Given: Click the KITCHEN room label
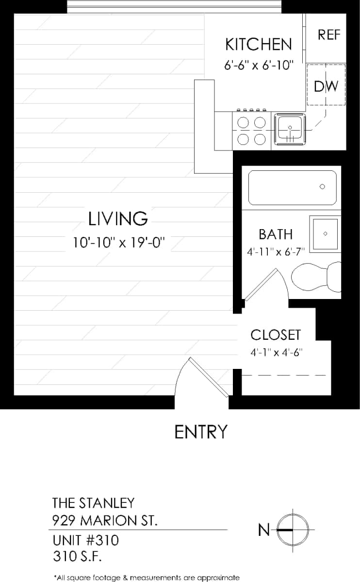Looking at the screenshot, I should pyautogui.click(x=259, y=44).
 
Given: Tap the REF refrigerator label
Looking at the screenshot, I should pyautogui.click(x=329, y=35).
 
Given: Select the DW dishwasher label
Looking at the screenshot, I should pyautogui.click(x=326, y=86).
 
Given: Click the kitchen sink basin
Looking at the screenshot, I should pyautogui.click(x=290, y=129).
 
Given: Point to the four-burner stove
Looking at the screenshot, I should pyautogui.click(x=252, y=131).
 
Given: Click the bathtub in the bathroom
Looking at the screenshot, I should pyautogui.click(x=292, y=187).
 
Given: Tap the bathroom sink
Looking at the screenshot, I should pyautogui.click(x=325, y=234).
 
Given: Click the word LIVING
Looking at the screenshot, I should pyautogui.click(x=118, y=219).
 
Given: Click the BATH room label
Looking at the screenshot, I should pyautogui.click(x=275, y=234).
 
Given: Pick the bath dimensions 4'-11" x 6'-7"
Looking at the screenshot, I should pyautogui.click(x=275, y=252).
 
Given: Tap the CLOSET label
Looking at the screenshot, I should pyautogui.click(x=275, y=335).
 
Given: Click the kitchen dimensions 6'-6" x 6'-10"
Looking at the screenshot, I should pyautogui.click(x=259, y=66).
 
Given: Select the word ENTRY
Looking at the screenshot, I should pyautogui.click(x=201, y=432).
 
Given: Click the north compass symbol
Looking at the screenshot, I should pyautogui.click(x=293, y=530).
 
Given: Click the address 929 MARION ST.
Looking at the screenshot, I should pyautogui.click(x=104, y=521).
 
